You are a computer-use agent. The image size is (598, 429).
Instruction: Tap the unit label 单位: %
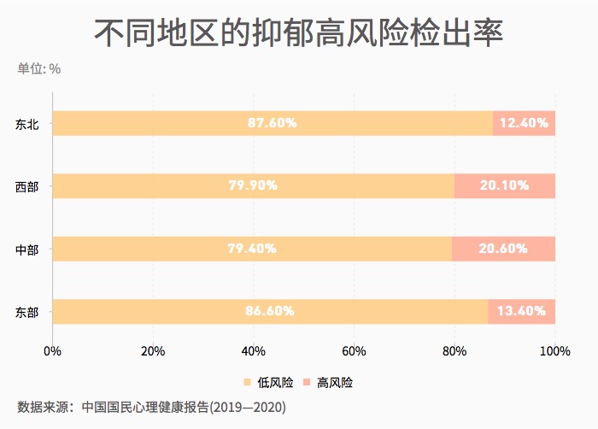tap(38, 68)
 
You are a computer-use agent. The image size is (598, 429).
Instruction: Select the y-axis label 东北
tap(27, 123)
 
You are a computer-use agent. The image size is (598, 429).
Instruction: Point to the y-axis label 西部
tap(27, 186)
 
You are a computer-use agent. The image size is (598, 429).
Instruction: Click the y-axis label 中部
tap(27, 250)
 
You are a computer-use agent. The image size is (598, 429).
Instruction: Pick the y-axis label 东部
tap(27, 312)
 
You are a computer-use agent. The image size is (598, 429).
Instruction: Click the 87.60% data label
tap(273, 123)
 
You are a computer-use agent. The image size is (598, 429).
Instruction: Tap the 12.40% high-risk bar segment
tap(524, 123)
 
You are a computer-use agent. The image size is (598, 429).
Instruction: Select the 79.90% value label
tap(253, 186)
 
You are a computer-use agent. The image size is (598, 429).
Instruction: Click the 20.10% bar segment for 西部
tap(505, 186)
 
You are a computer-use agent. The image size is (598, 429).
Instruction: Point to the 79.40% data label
tap(252, 249)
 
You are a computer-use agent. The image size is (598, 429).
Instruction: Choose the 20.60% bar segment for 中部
tap(503, 249)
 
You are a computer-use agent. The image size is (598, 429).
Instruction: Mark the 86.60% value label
tap(270, 311)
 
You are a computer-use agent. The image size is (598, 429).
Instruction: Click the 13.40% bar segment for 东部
tap(521, 311)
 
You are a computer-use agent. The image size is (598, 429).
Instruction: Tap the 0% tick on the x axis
tap(53, 350)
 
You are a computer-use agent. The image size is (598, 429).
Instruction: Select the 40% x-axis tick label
tap(253, 350)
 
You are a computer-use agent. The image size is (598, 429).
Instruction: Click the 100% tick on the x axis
tap(554, 350)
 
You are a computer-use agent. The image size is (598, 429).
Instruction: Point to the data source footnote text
tap(151, 407)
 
